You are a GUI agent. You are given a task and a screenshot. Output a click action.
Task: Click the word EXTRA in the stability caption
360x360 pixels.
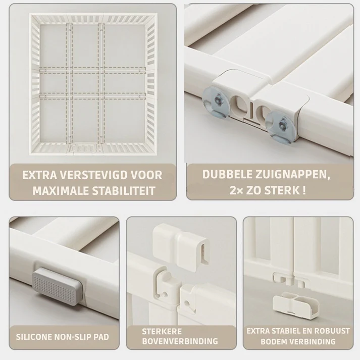[x=39, y=175]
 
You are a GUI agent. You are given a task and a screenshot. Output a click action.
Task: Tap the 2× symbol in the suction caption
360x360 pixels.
[x=236, y=191]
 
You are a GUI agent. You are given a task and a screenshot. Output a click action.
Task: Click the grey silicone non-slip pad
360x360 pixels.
[x=57, y=285]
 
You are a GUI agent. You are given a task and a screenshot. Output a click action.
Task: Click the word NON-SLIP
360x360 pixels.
[x=72, y=337]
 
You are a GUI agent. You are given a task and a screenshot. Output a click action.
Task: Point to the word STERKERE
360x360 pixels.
[x=162, y=332]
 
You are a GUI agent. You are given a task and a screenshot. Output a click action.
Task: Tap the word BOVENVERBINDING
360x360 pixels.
[x=180, y=341]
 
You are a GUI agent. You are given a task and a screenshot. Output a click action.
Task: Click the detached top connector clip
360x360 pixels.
[x=182, y=248]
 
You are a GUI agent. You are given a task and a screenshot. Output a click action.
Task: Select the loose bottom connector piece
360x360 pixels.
[x=295, y=304]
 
